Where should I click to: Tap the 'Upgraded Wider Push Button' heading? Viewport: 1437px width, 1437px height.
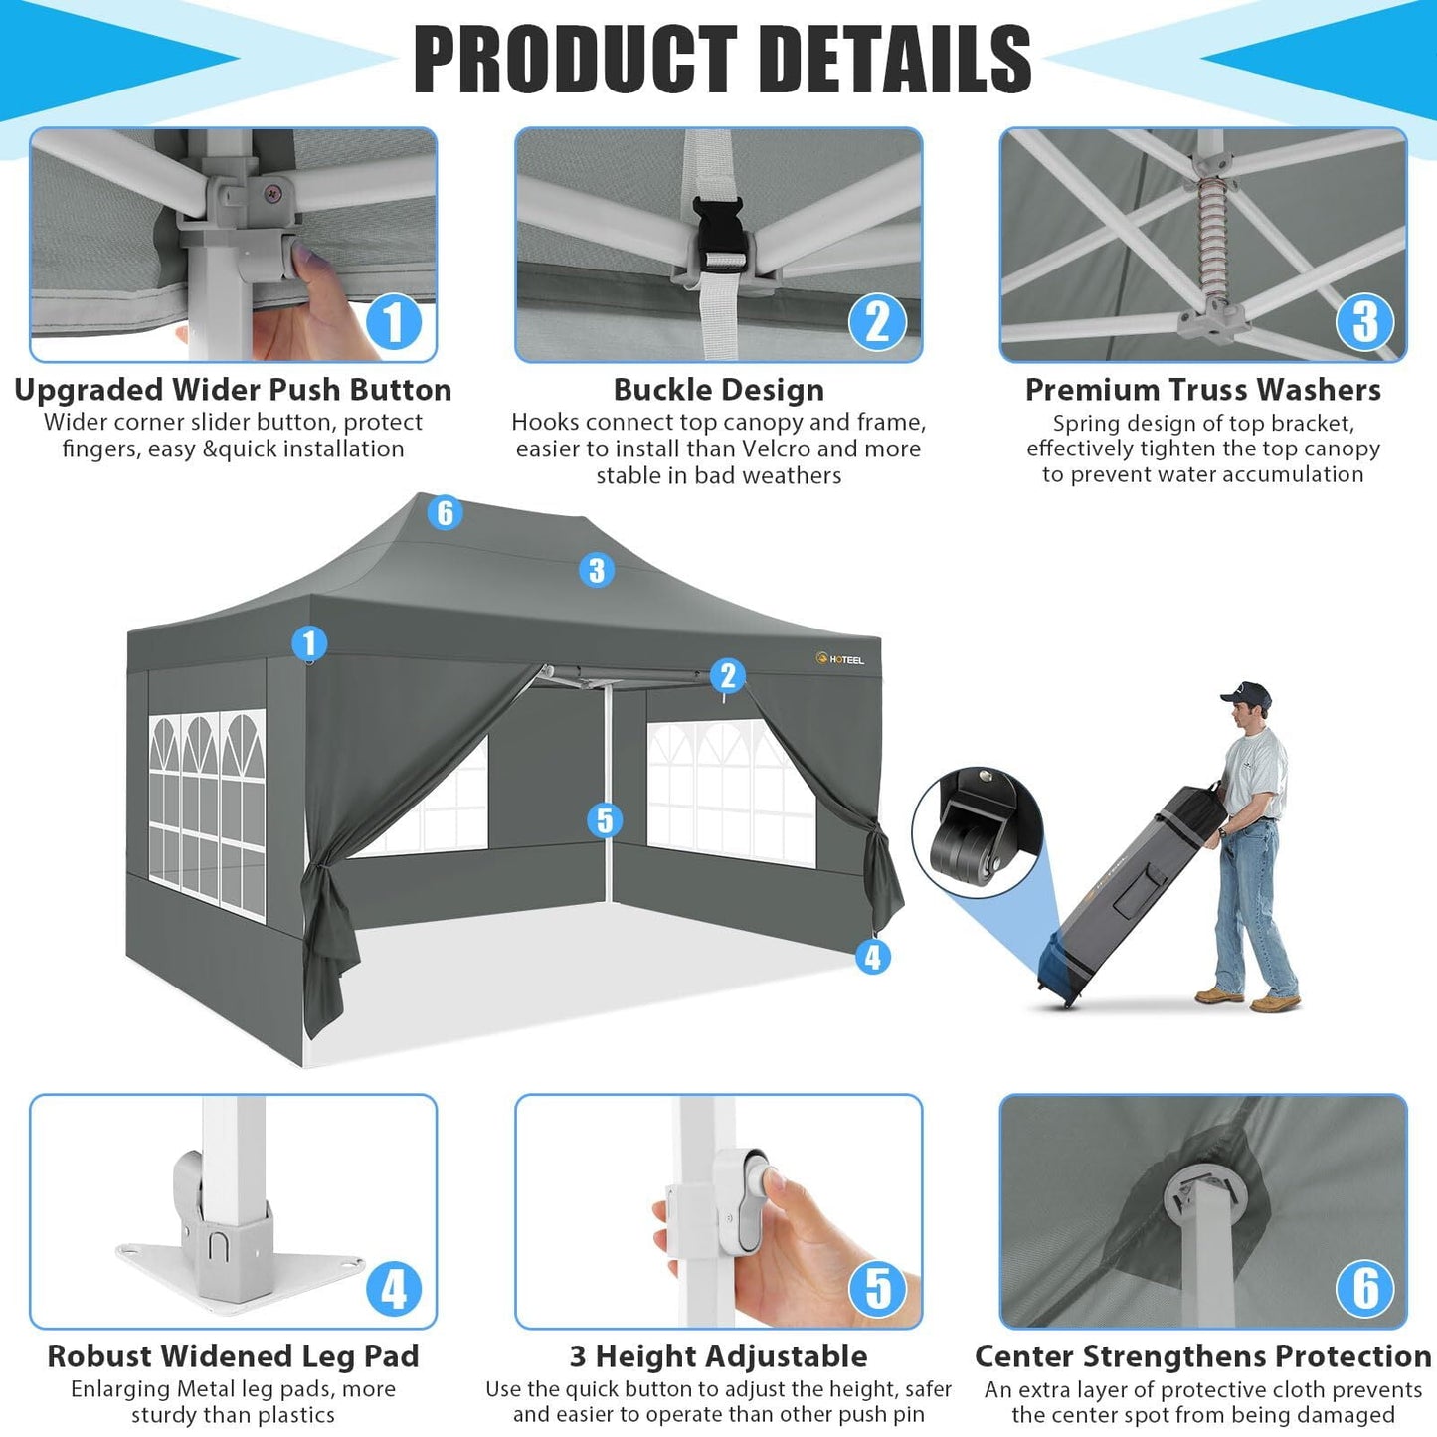click(233, 390)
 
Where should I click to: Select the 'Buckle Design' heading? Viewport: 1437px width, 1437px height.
click(718, 390)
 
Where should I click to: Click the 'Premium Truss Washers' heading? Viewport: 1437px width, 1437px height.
click(1202, 390)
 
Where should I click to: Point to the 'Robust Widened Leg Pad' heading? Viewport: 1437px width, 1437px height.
click(233, 1356)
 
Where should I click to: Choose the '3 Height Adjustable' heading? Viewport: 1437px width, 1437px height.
click(718, 1356)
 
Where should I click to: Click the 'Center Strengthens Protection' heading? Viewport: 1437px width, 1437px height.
click(1202, 1356)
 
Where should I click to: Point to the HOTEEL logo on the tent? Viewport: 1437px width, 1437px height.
click(840, 659)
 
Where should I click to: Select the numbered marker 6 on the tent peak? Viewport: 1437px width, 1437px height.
click(445, 512)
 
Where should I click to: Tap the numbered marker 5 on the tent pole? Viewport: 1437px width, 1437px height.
click(605, 820)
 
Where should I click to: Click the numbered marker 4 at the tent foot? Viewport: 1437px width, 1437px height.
click(872, 957)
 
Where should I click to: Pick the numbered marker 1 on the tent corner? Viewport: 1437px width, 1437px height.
click(309, 642)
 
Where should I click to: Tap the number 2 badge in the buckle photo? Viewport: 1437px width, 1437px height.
click(877, 322)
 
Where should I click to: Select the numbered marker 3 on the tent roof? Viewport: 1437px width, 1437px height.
click(596, 570)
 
